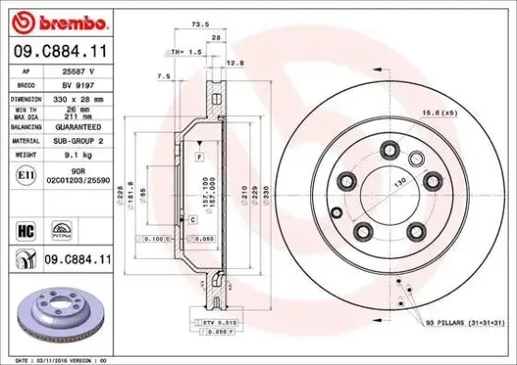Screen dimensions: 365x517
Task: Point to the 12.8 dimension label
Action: (x=237, y=64)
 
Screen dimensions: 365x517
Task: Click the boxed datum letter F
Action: (x=199, y=153)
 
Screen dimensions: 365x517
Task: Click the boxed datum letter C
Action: (x=192, y=219)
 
